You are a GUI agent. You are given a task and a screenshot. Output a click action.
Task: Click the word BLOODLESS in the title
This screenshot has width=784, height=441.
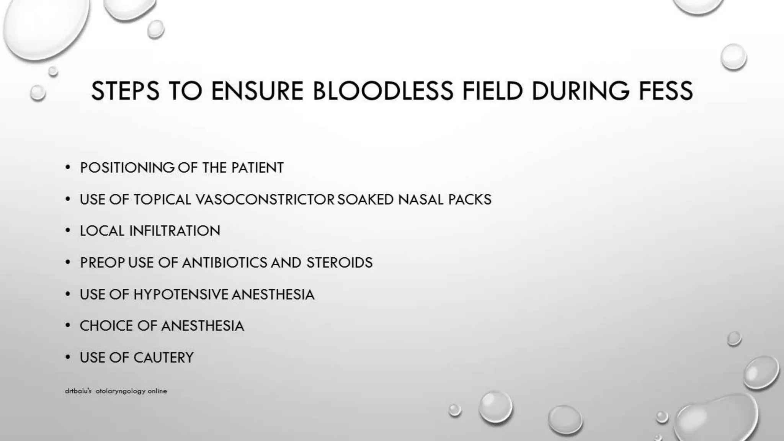coord(383,91)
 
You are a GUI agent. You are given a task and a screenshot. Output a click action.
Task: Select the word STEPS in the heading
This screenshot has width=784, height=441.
coord(125,91)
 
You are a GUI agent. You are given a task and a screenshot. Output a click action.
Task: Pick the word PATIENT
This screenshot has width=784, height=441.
coord(257,168)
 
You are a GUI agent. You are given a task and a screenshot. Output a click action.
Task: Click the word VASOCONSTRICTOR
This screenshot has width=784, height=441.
coord(265,199)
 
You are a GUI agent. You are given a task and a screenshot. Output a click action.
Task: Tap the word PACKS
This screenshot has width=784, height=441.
coord(470,199)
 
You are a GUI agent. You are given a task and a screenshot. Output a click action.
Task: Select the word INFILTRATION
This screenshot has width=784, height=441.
coord(175,231)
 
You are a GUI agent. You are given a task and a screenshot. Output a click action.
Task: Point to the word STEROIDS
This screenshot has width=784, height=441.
coord(339,263)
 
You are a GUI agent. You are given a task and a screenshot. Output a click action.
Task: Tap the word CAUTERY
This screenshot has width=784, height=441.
coord(163,358)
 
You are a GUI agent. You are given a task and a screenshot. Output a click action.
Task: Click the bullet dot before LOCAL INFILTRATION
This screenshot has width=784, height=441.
coord(68,231)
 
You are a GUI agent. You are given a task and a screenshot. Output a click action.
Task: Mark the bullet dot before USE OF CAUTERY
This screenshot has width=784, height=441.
coord(68,358)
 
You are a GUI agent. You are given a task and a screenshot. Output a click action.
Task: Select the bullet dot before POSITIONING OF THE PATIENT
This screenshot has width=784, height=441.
coord(68,168)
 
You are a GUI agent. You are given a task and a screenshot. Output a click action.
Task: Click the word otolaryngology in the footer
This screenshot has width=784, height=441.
coord(121,391)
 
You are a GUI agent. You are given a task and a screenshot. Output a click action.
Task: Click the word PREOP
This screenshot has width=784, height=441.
coord(102,263)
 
